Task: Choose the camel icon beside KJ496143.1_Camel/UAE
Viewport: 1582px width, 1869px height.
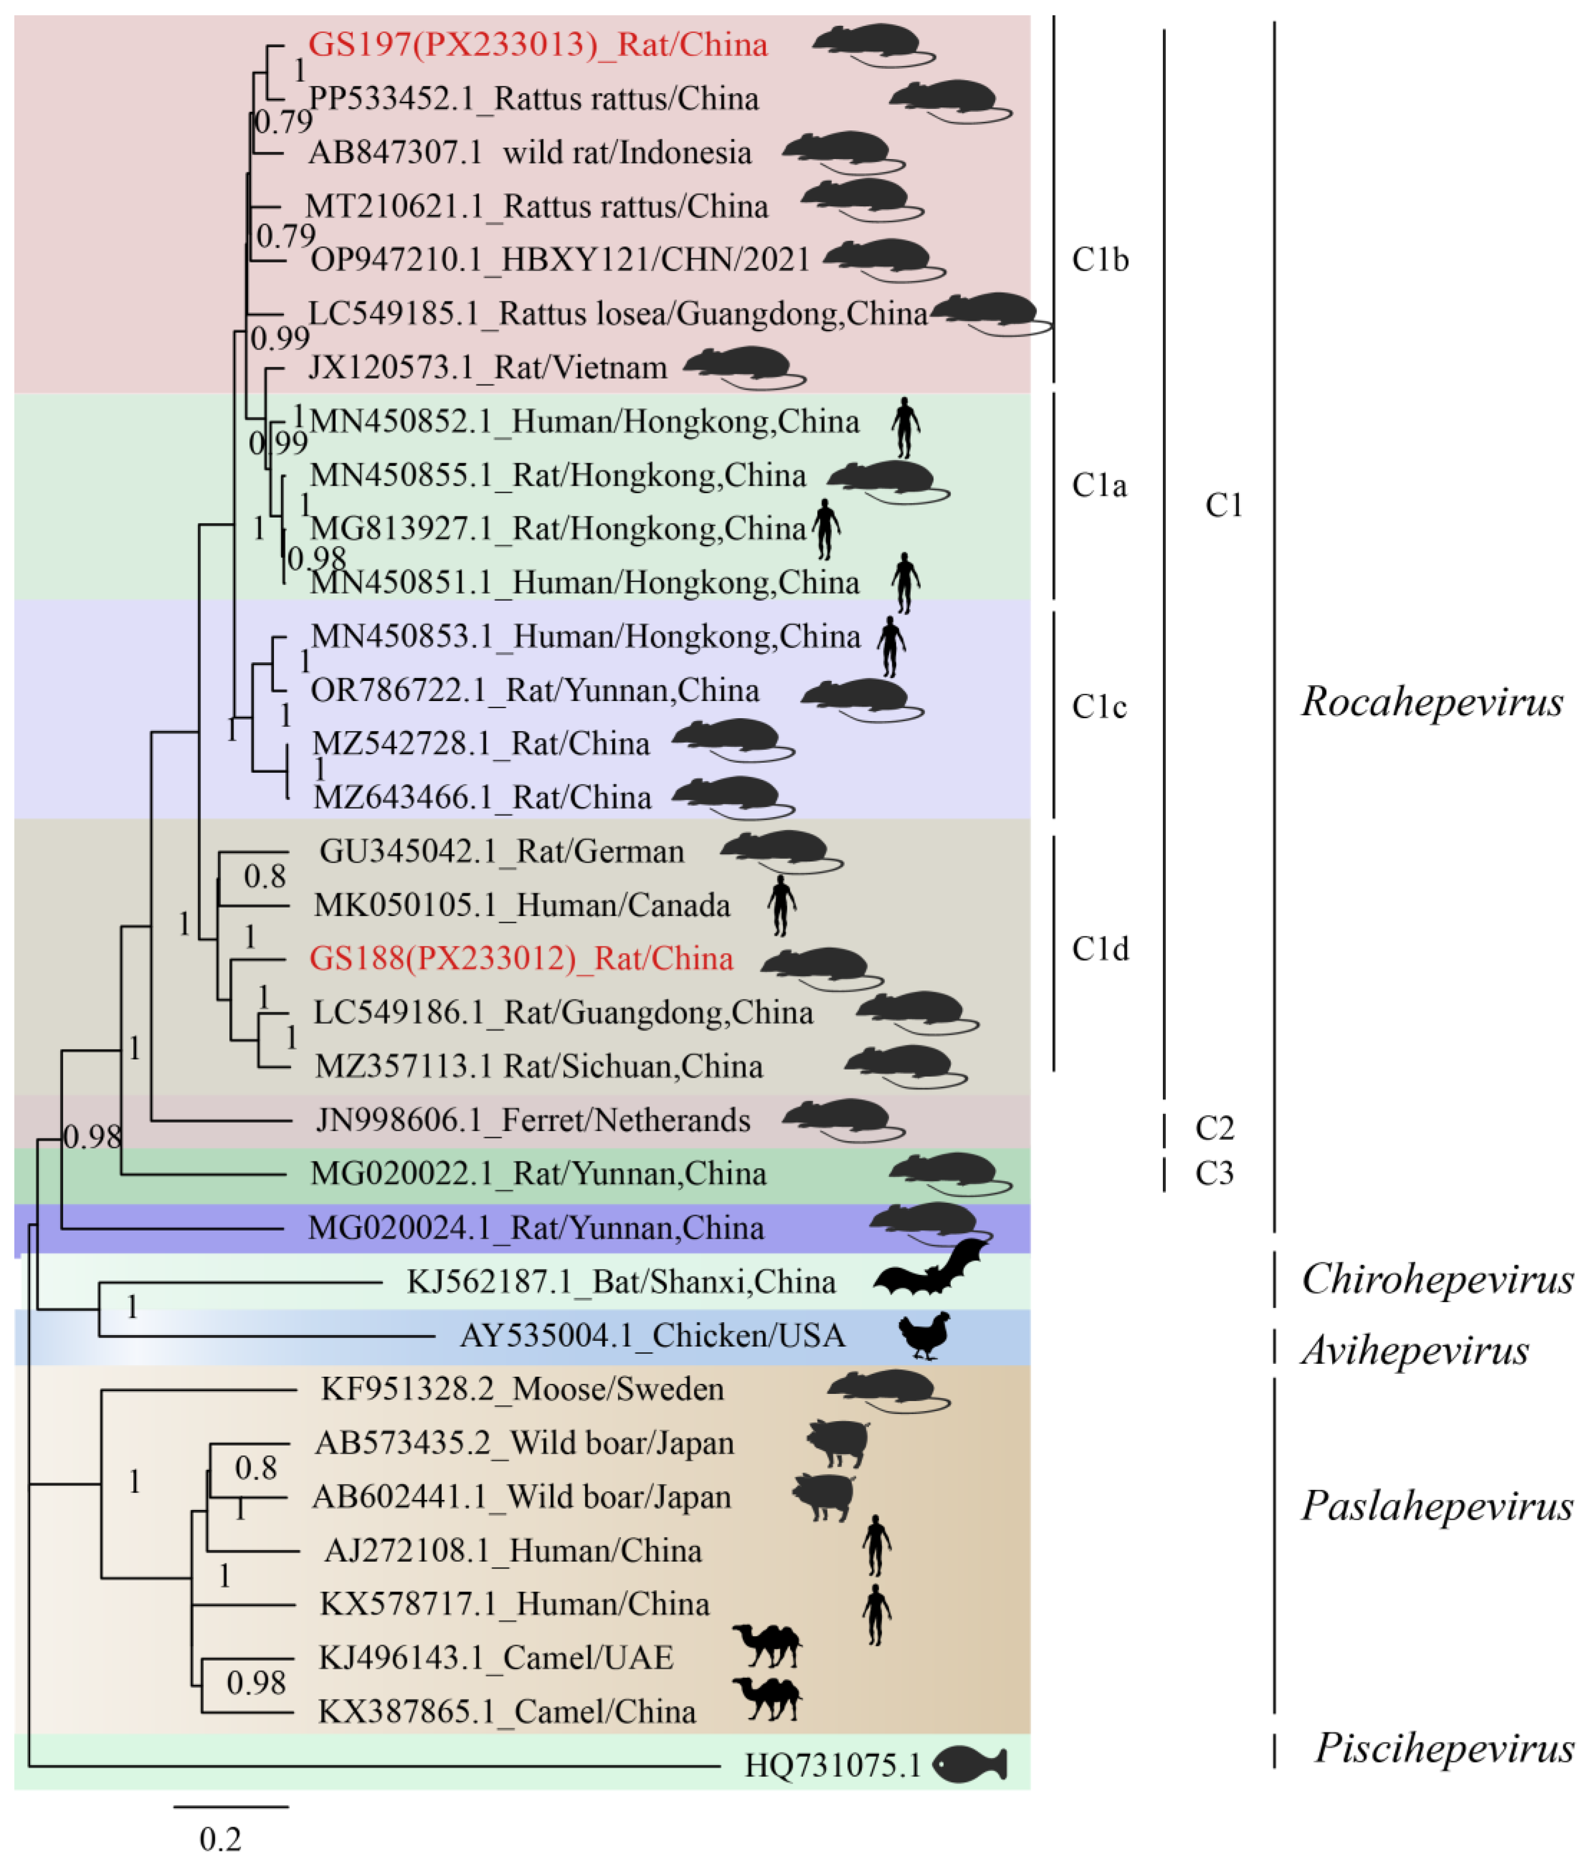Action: click(x=767, y=1645)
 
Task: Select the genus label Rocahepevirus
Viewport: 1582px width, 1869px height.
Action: click(x=1431, y=702)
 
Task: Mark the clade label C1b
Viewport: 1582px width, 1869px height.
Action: click(x=1099, y=260)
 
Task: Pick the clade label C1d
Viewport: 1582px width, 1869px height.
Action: click(x=1099, y=948)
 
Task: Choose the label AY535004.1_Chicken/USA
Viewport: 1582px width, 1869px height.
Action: click(x=652, y=1336)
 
